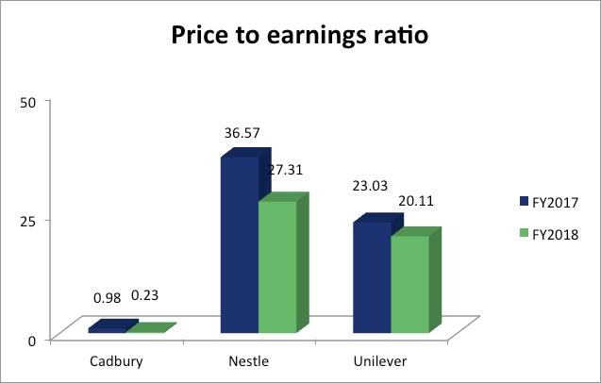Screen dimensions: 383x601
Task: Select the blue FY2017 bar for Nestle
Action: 239,245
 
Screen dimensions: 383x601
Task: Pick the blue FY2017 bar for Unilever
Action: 371,277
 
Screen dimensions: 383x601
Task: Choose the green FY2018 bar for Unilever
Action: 409,284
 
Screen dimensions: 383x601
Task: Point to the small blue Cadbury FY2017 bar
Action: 107,328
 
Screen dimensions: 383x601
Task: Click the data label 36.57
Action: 242,134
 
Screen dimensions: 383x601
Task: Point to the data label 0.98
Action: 108,298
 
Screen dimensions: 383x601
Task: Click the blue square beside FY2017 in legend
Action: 524,202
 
